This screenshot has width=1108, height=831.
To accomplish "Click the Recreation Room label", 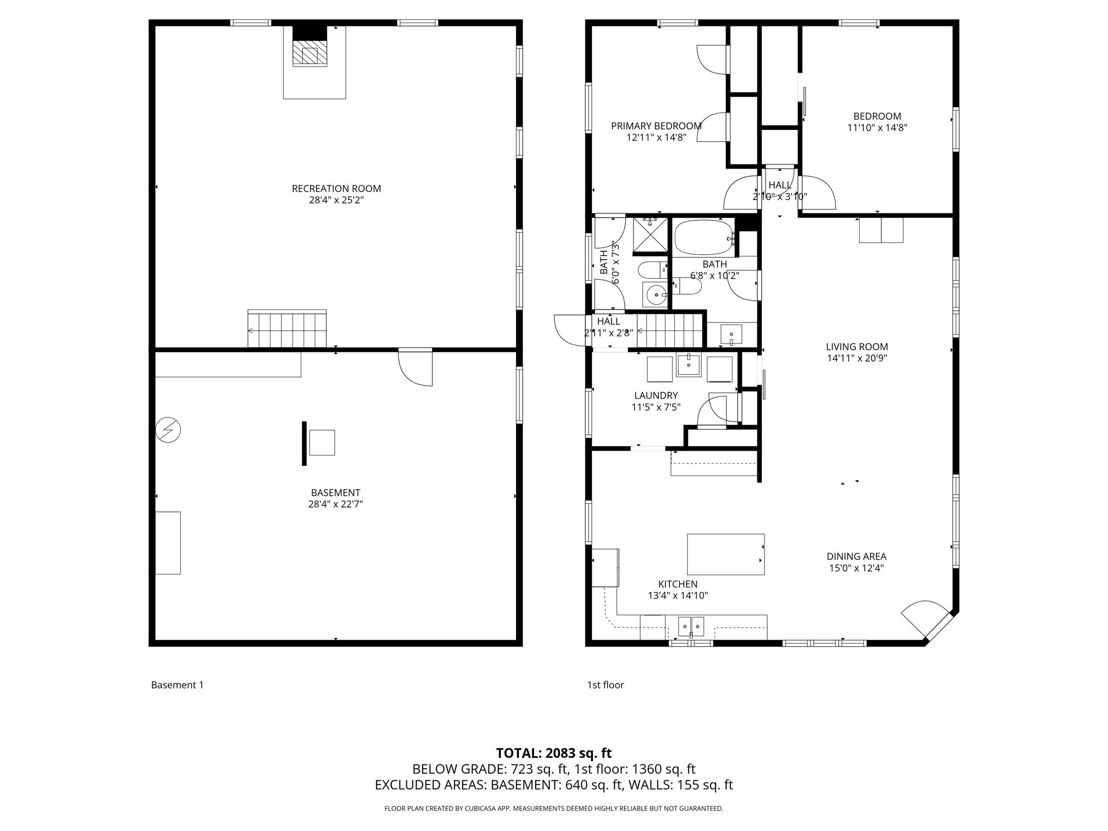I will [x=336, y=189].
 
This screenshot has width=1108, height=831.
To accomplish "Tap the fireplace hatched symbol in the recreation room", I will [x=309, y=54].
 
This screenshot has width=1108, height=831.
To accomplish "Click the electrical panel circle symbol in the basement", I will [x=168, y=430].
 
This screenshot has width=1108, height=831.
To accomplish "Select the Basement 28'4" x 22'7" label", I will [x=335, y=498].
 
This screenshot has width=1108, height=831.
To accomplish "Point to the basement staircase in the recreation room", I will [x=287, y=329].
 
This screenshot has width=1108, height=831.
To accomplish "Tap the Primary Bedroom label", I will [x=656, y=126].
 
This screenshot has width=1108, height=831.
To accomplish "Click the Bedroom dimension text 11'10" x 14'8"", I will [x=877, y=128].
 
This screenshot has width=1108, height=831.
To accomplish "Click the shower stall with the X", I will [x=650, y=234].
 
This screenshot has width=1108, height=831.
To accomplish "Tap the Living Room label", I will [x=856, y=347].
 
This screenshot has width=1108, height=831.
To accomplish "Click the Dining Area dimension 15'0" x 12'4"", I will [x=856, y=568].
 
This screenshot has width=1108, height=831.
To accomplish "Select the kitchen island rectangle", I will [x=726, y=554].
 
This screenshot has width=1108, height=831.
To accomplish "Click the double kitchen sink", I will [x=691, y=626].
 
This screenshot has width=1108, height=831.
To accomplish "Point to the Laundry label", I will [x=656, y=395].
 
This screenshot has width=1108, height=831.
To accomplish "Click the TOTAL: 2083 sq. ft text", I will [x=553, y=753].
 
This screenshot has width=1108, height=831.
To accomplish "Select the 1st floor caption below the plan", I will [x=605, y=685].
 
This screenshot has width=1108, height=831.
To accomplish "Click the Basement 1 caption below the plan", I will [x=177, y=685].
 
